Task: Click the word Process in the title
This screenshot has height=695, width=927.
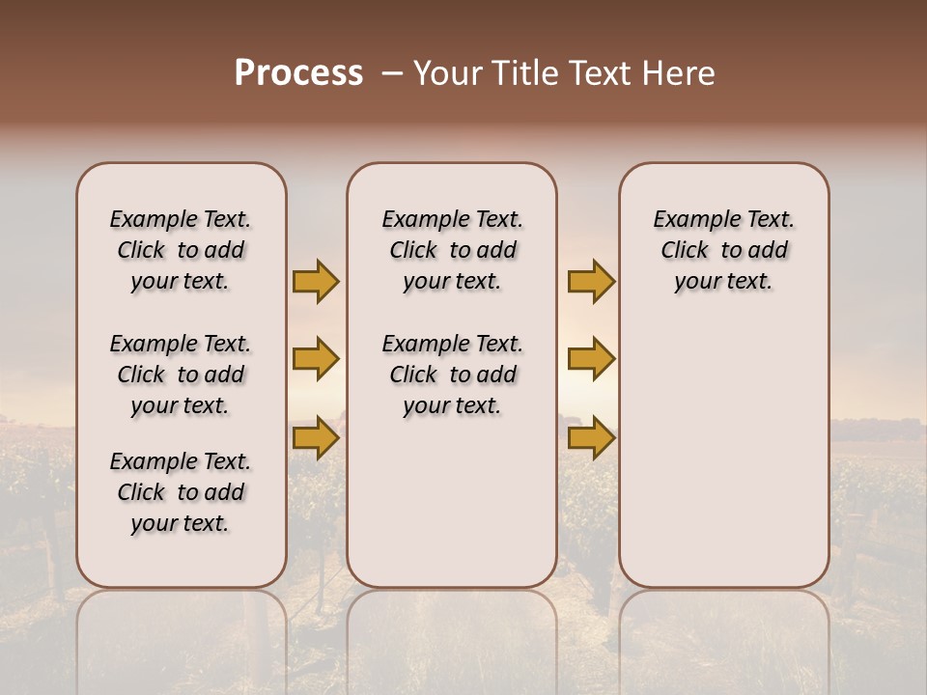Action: point(298,73)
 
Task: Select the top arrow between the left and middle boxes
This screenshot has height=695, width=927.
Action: point(316,281)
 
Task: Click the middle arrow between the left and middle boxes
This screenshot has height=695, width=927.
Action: point(316,359)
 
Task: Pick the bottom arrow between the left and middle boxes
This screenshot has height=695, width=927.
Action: point(316,438)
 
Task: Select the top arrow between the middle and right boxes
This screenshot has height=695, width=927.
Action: point(591,281)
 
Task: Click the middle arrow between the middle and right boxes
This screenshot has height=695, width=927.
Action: point(591,359)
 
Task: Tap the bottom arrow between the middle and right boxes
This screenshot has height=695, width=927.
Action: point(591,438)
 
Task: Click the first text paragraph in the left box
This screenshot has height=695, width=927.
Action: point(181,250)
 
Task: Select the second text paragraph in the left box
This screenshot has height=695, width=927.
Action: point(181,375)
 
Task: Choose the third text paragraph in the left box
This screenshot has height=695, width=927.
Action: point(181,492)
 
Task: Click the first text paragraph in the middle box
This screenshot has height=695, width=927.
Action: point(452,250)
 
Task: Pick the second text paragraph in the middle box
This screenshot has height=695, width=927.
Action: point(452,375)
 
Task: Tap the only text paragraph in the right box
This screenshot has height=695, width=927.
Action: point(723,250)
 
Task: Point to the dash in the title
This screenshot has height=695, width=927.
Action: point(391,73)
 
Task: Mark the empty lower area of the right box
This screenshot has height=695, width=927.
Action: point(723,454)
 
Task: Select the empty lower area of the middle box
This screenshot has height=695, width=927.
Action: point(452,502)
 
